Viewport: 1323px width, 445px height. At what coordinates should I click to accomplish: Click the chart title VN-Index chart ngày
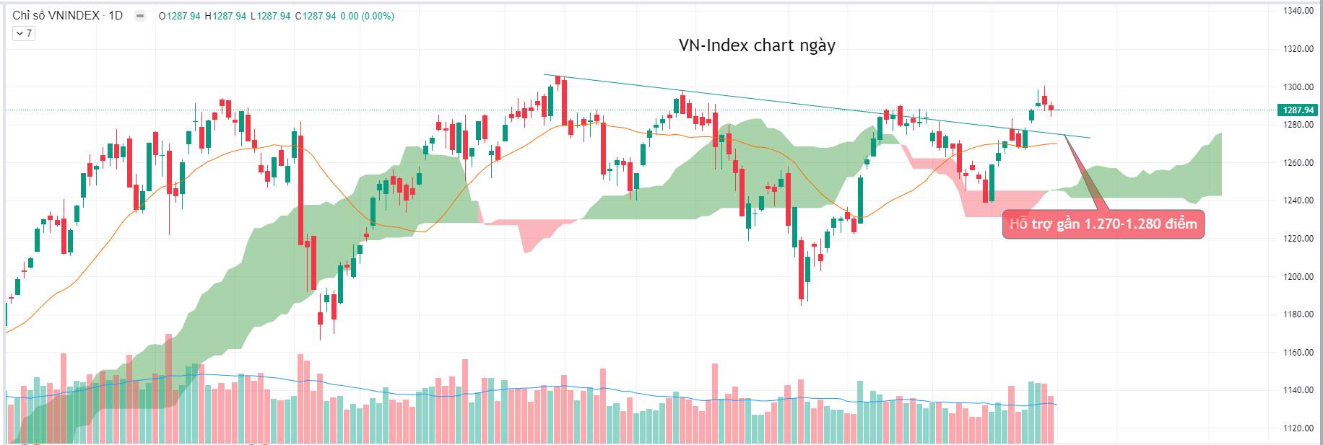[x=757, y=45]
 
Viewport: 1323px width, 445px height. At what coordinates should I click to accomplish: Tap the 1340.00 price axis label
[x=1298, y=11]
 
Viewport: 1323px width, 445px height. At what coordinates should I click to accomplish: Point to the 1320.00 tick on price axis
[x=1298, y=49]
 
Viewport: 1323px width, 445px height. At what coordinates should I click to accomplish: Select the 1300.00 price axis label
[x=1298, y=87]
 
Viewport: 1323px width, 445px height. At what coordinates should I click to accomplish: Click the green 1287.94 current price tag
[x=1298, y=110]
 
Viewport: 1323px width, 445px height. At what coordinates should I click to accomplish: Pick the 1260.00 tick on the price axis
[x=1298, y=163]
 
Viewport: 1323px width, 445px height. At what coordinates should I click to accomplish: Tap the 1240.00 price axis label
[x=1298, y=201]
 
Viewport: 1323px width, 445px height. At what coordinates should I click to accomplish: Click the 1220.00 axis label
[x=1298, y=239]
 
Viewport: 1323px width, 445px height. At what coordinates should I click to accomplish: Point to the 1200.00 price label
[x=1298, y=277]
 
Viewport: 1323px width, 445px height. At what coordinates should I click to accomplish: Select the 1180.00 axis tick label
[x=1298, y=314]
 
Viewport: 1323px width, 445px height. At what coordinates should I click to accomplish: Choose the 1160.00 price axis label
[x=1298, y=353]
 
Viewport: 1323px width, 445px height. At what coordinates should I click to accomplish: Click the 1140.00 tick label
[x=1298, y=390]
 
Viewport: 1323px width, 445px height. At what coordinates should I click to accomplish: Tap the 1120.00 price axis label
[x=1298, y=428]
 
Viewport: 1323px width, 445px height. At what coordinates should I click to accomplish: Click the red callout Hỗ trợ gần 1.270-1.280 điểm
[x=1103, y=224]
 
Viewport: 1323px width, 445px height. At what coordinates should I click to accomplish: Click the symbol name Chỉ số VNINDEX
[x=56, y=16]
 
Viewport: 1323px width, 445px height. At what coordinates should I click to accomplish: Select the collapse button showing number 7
[x=24, y=33]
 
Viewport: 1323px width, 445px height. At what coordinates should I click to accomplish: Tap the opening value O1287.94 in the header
[x=180, y=16]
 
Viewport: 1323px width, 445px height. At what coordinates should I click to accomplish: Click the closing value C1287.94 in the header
[x=316, y=16]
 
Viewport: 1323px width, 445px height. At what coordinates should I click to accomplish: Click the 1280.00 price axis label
[x=1298, y=125]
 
